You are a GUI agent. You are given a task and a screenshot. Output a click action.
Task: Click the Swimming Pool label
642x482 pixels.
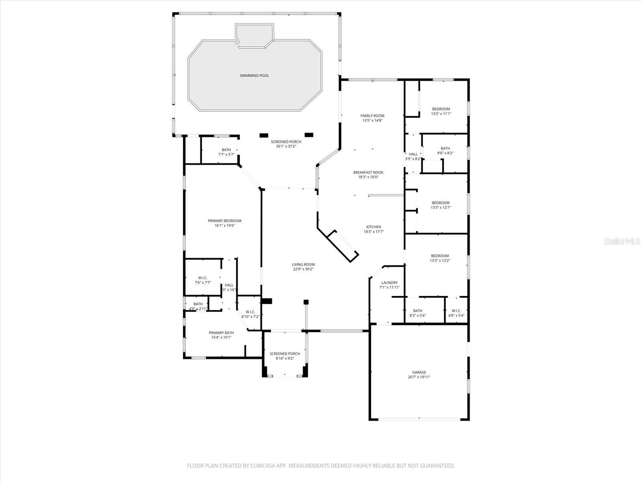254,76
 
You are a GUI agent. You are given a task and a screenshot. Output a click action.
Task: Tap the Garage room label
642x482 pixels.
419,372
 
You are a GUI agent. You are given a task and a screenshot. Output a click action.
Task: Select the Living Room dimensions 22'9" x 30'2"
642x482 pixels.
303,270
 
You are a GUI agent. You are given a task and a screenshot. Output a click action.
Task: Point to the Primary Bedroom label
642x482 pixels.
225,221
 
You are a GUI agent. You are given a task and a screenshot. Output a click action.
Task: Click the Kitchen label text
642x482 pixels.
374,227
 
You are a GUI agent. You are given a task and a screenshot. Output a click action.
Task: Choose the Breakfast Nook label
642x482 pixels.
368,172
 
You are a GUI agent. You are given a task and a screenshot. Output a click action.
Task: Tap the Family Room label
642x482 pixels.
372,116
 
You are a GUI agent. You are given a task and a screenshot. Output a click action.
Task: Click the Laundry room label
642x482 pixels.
389,283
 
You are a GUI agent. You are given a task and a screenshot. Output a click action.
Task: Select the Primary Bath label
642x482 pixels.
221,333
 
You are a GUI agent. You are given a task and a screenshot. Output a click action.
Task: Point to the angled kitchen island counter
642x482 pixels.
343,246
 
